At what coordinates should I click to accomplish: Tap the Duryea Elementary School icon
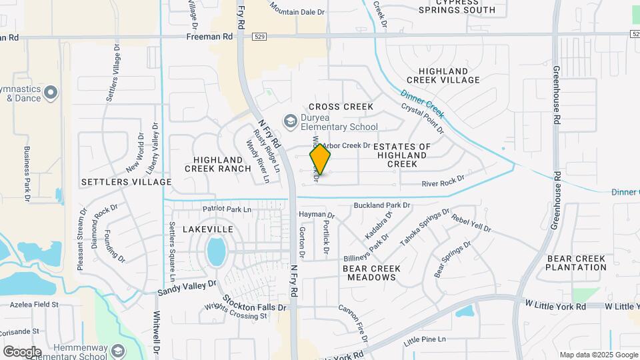coord(290,121)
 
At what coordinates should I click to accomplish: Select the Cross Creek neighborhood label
coord(341,107)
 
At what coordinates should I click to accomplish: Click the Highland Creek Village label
coord(449,75)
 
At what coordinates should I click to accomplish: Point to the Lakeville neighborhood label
coord(208,229)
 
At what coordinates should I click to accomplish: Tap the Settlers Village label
coord(127,181)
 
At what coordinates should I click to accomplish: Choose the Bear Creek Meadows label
coord(372,273)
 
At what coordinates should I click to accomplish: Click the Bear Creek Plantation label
coord(575,263)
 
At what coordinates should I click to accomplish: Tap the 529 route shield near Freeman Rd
coord(261,38)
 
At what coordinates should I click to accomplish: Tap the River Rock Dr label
coord(443,181)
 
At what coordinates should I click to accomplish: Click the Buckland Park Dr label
coord(381,205)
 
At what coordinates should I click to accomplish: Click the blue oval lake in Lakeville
coord(216,251)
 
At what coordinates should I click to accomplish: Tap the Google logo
coord(22,351)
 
